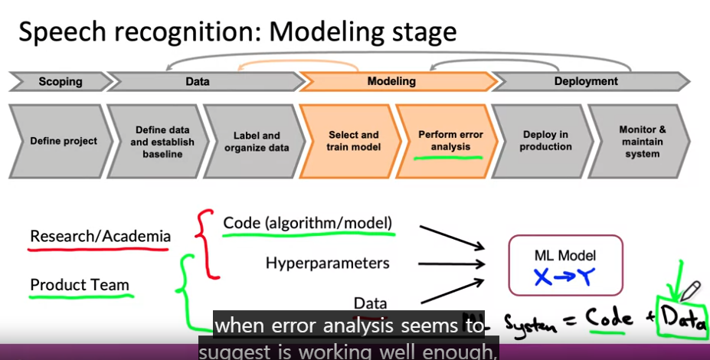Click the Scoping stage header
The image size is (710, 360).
tap(60, 81)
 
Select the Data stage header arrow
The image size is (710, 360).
tap(198, 81)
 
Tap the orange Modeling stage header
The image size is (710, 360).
tap(391, 81)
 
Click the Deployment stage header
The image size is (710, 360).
tap(586, 81)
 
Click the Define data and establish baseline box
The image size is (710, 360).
tap(162, 142)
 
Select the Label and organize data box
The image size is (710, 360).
tap(257, 142)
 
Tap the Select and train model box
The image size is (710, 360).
tap(353, 141)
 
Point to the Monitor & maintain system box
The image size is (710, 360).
tap(642, 142)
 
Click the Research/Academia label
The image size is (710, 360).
tap(100, 237)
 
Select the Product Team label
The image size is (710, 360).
tap(80, 286)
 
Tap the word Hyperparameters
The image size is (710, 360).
tap(327, 263)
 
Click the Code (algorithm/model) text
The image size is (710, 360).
tap(308, 223)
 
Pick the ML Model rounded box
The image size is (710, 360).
tap(565, 266)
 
